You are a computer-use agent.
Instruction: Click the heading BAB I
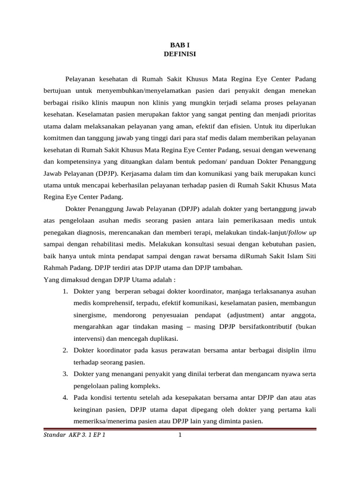pos(180,45)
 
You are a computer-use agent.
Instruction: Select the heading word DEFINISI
pos(180,54)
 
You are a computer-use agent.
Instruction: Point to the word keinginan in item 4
pos(89,409)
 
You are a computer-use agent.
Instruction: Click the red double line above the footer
pos(180,428)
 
